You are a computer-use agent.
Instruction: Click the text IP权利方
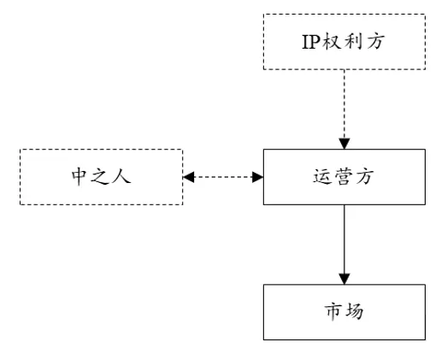coord(344,42)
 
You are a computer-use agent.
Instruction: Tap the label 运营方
coord(344,176)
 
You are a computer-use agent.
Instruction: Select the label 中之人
coord(101,176)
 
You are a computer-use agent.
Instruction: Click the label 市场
coord(344,311)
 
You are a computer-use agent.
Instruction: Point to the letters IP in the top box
coord(312,42)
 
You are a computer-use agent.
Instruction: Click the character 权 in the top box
coord(332,42)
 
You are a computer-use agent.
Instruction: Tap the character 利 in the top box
coord(354,42)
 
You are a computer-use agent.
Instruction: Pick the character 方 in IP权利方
coord(376,42)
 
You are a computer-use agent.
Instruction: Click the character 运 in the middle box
coord(322,176)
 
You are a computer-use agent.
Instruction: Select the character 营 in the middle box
coord(344,176)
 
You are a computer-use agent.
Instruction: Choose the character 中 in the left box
coord(79,176)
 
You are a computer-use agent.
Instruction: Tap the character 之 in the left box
coord(100,176)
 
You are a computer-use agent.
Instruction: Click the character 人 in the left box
coord(122,176)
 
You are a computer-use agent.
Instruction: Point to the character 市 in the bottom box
coord(333,311)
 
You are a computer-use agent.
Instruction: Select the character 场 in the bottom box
coord(355,311)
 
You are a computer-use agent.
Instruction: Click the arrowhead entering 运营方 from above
coord(344,144)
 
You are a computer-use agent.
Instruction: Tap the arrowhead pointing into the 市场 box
coord(344,279)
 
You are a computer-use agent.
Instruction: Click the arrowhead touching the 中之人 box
coord(188,177)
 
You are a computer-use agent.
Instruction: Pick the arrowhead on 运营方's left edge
coord(258,177)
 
